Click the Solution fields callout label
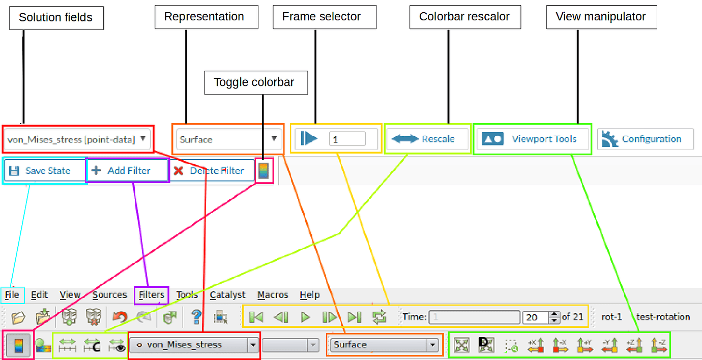pyautogui.click(x=56, y=17)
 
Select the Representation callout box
pyautogui.click(x=204, y=17)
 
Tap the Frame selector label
pyautogui.click(x=321, y=17)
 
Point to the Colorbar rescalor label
pyautogui.click(x=464, y=17)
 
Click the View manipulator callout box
pyautogui.click(x=601, y=17)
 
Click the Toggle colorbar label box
pyautogui.click(x=254, y=82)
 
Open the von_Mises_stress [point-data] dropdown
pyautogui.click(x=78, y=139)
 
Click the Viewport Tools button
pyautogui.click(x=532, y=139)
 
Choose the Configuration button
pyautogui.click(x=645, y=139)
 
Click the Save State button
pyautogui.click(x=45, y=170)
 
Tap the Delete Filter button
pyautogui.click(x=211, y=170)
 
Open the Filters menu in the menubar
pyautogui.click(x=151, y=295)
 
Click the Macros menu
pyautogui.click(x=273, y=295)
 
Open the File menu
pyautogui.click(x=12, y=295)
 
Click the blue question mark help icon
pyautogui.click(x=196, y=317)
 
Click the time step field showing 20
pyautogui.click(x=535, y=317)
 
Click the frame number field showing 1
pyautogui.click(x=347, y=139)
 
